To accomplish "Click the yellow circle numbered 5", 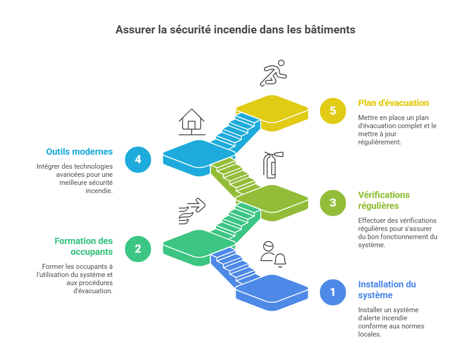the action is tap(333, 111).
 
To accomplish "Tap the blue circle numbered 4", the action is tap(138, 159).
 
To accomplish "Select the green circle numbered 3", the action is tap(333, 203).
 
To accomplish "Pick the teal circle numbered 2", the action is tap(138, 249).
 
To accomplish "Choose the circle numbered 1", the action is tap(333, 292).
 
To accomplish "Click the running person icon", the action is tap(273, 73).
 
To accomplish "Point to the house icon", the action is tap(192, 122).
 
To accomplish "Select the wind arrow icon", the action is tap(192, 211).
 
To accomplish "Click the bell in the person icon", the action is tap(280, 260).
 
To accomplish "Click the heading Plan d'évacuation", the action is tap(393, 103).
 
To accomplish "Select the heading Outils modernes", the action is tap(79, 152).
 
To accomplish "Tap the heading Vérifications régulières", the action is tap(384, 200).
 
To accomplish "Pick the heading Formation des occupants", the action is tap(84, 246).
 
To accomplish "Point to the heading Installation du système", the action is tap(387, 290).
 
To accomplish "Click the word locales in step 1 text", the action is tap(369, 334).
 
